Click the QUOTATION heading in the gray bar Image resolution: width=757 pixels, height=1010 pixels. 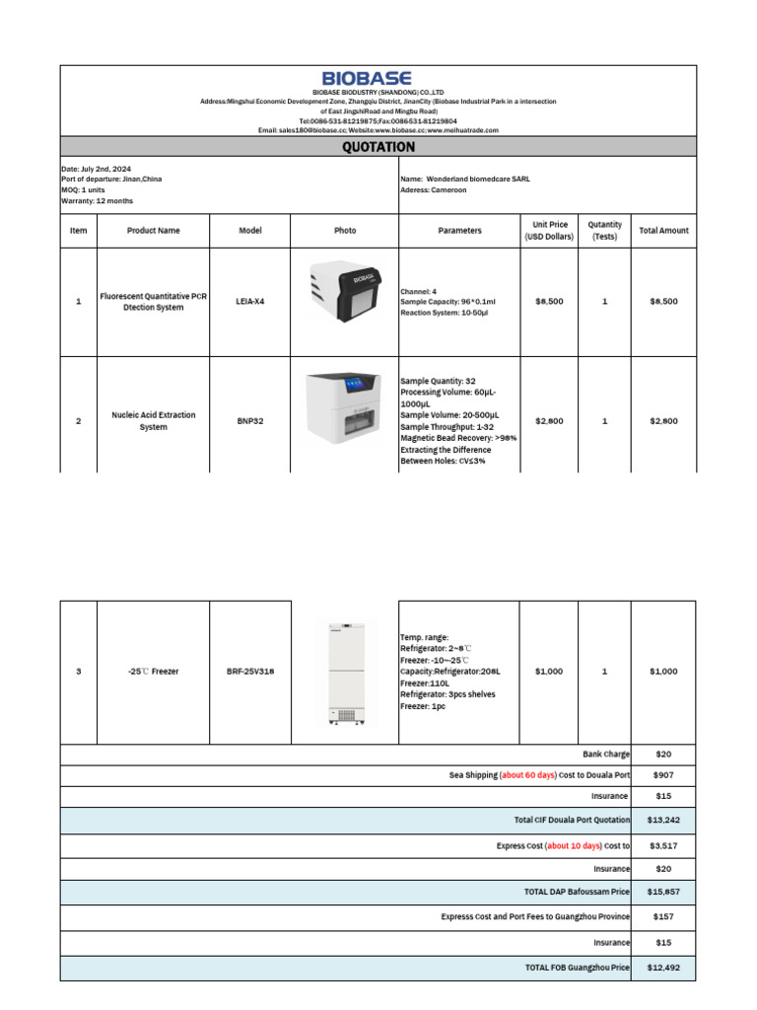tap(378, 147)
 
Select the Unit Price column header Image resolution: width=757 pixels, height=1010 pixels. tap(550, 231)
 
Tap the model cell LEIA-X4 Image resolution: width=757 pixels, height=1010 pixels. tap(250, 301)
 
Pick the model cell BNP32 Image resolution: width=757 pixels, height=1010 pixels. tap(250, 420)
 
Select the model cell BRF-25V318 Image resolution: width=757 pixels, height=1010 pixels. tap(250, 671)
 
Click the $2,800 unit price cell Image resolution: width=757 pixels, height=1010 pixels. tap(549, 420)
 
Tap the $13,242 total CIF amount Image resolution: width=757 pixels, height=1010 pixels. tap(662, 820)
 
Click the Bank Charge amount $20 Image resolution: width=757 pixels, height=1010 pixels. tap(662, 754)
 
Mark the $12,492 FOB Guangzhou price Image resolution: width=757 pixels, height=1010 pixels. tap(662, 968)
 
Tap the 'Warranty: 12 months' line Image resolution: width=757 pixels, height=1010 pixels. tap(97, 201)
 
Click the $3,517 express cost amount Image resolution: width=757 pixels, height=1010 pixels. tap(662, 845)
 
